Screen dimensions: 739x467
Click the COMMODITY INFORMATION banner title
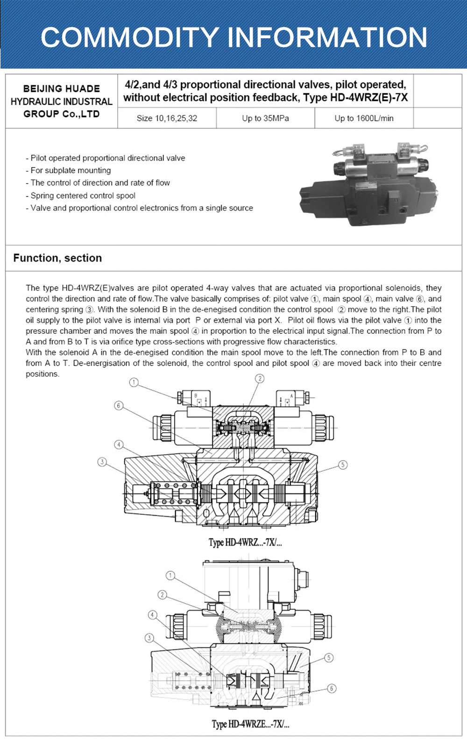[233, 37]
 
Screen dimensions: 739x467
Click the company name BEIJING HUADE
[62, 89]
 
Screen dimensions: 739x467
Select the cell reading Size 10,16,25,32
[167, 118]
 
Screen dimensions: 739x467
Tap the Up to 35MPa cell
[265, 118]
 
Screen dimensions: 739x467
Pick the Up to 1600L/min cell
[364, 118]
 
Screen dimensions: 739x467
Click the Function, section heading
[57, 258]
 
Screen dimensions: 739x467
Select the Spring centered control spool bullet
[81, 196]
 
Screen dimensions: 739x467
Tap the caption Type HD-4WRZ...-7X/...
[245, 542]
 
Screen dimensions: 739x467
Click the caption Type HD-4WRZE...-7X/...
[250, 724]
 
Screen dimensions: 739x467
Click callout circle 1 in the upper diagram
[134, 383]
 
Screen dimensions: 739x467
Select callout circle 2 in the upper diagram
[260, 378]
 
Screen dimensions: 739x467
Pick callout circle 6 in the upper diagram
[119, 406]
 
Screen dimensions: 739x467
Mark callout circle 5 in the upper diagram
[343, 465]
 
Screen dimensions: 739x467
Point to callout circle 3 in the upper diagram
[102, 462]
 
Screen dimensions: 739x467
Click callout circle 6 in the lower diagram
[331, 688]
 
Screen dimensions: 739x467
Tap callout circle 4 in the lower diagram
[152, 615]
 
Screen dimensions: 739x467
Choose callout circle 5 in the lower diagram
[329, 657]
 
